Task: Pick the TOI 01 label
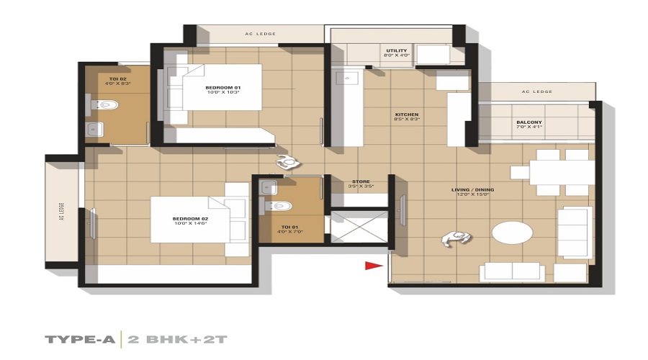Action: click(289, 229)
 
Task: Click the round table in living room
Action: click(513, 234)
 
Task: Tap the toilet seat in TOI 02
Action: click(107, 106)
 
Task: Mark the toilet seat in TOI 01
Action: click(282, 206)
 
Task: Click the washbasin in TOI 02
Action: click(94, 130)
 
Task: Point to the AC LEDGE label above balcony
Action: click(537, 91)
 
